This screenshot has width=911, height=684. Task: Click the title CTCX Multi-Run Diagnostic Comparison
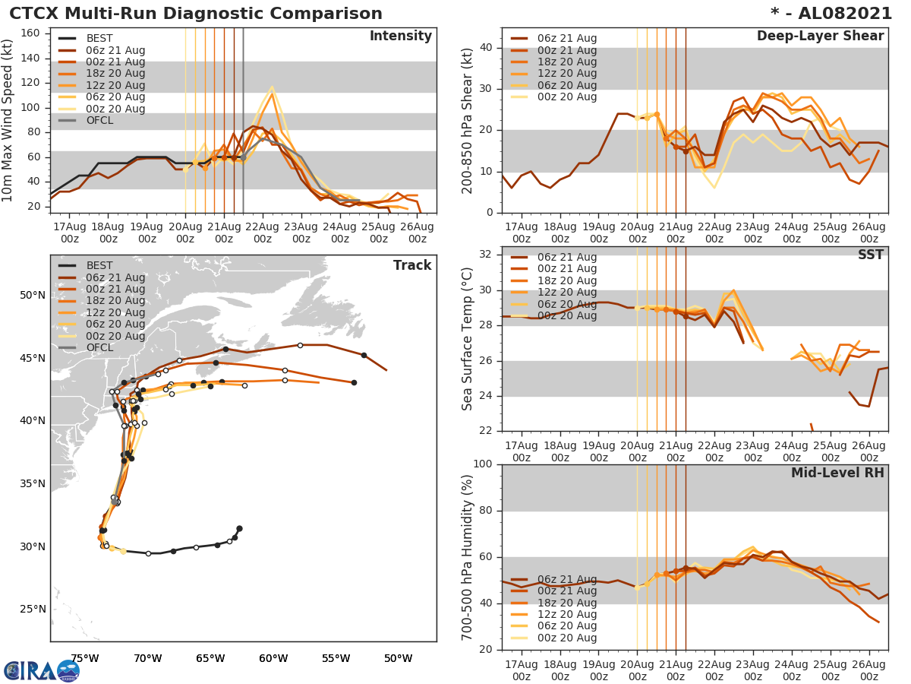click(x=196, y=14)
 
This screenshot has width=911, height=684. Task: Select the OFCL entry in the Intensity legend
click(x=100, y=120)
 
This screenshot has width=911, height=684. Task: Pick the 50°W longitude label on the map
click(x=398, y=658)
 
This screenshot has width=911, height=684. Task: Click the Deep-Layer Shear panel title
click(x=820, y=36)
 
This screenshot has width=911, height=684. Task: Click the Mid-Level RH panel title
click(x=837, y=473)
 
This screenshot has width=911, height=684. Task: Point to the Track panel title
click(x=411, y=265)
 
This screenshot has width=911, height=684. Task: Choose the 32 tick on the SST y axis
click(x=487, y=254)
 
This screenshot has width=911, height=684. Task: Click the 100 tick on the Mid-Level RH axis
click(x=484, y=464)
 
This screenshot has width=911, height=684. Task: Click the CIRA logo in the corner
click(x=42, y=670)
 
